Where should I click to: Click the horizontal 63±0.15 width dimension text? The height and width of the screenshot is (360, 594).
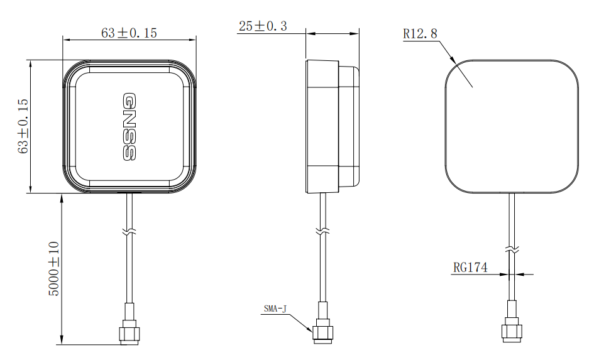129,33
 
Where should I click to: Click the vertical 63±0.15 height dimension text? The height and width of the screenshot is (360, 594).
23,126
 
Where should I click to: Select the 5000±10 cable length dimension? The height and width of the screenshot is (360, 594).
54,269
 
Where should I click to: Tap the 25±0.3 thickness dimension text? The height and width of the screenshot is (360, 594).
263,26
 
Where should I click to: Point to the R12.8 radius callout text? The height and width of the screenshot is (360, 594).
420,34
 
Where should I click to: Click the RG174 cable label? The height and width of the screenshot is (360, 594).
471,268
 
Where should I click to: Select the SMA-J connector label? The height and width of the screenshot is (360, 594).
275,309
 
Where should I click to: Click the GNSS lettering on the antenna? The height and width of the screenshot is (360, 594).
129,127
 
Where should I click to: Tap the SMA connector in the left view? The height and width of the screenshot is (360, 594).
129,324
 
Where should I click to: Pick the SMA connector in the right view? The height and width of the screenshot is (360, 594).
512,322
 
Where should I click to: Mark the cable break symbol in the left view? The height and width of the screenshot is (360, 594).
129,231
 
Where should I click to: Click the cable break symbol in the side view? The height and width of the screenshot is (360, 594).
322,231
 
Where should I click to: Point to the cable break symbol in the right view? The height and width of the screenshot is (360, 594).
512,249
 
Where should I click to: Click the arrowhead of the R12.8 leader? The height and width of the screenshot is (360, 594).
453,60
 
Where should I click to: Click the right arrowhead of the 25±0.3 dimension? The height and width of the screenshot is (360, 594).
355,34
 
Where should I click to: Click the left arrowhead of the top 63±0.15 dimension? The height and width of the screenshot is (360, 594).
67,40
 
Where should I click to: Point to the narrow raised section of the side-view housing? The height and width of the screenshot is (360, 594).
348,126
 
